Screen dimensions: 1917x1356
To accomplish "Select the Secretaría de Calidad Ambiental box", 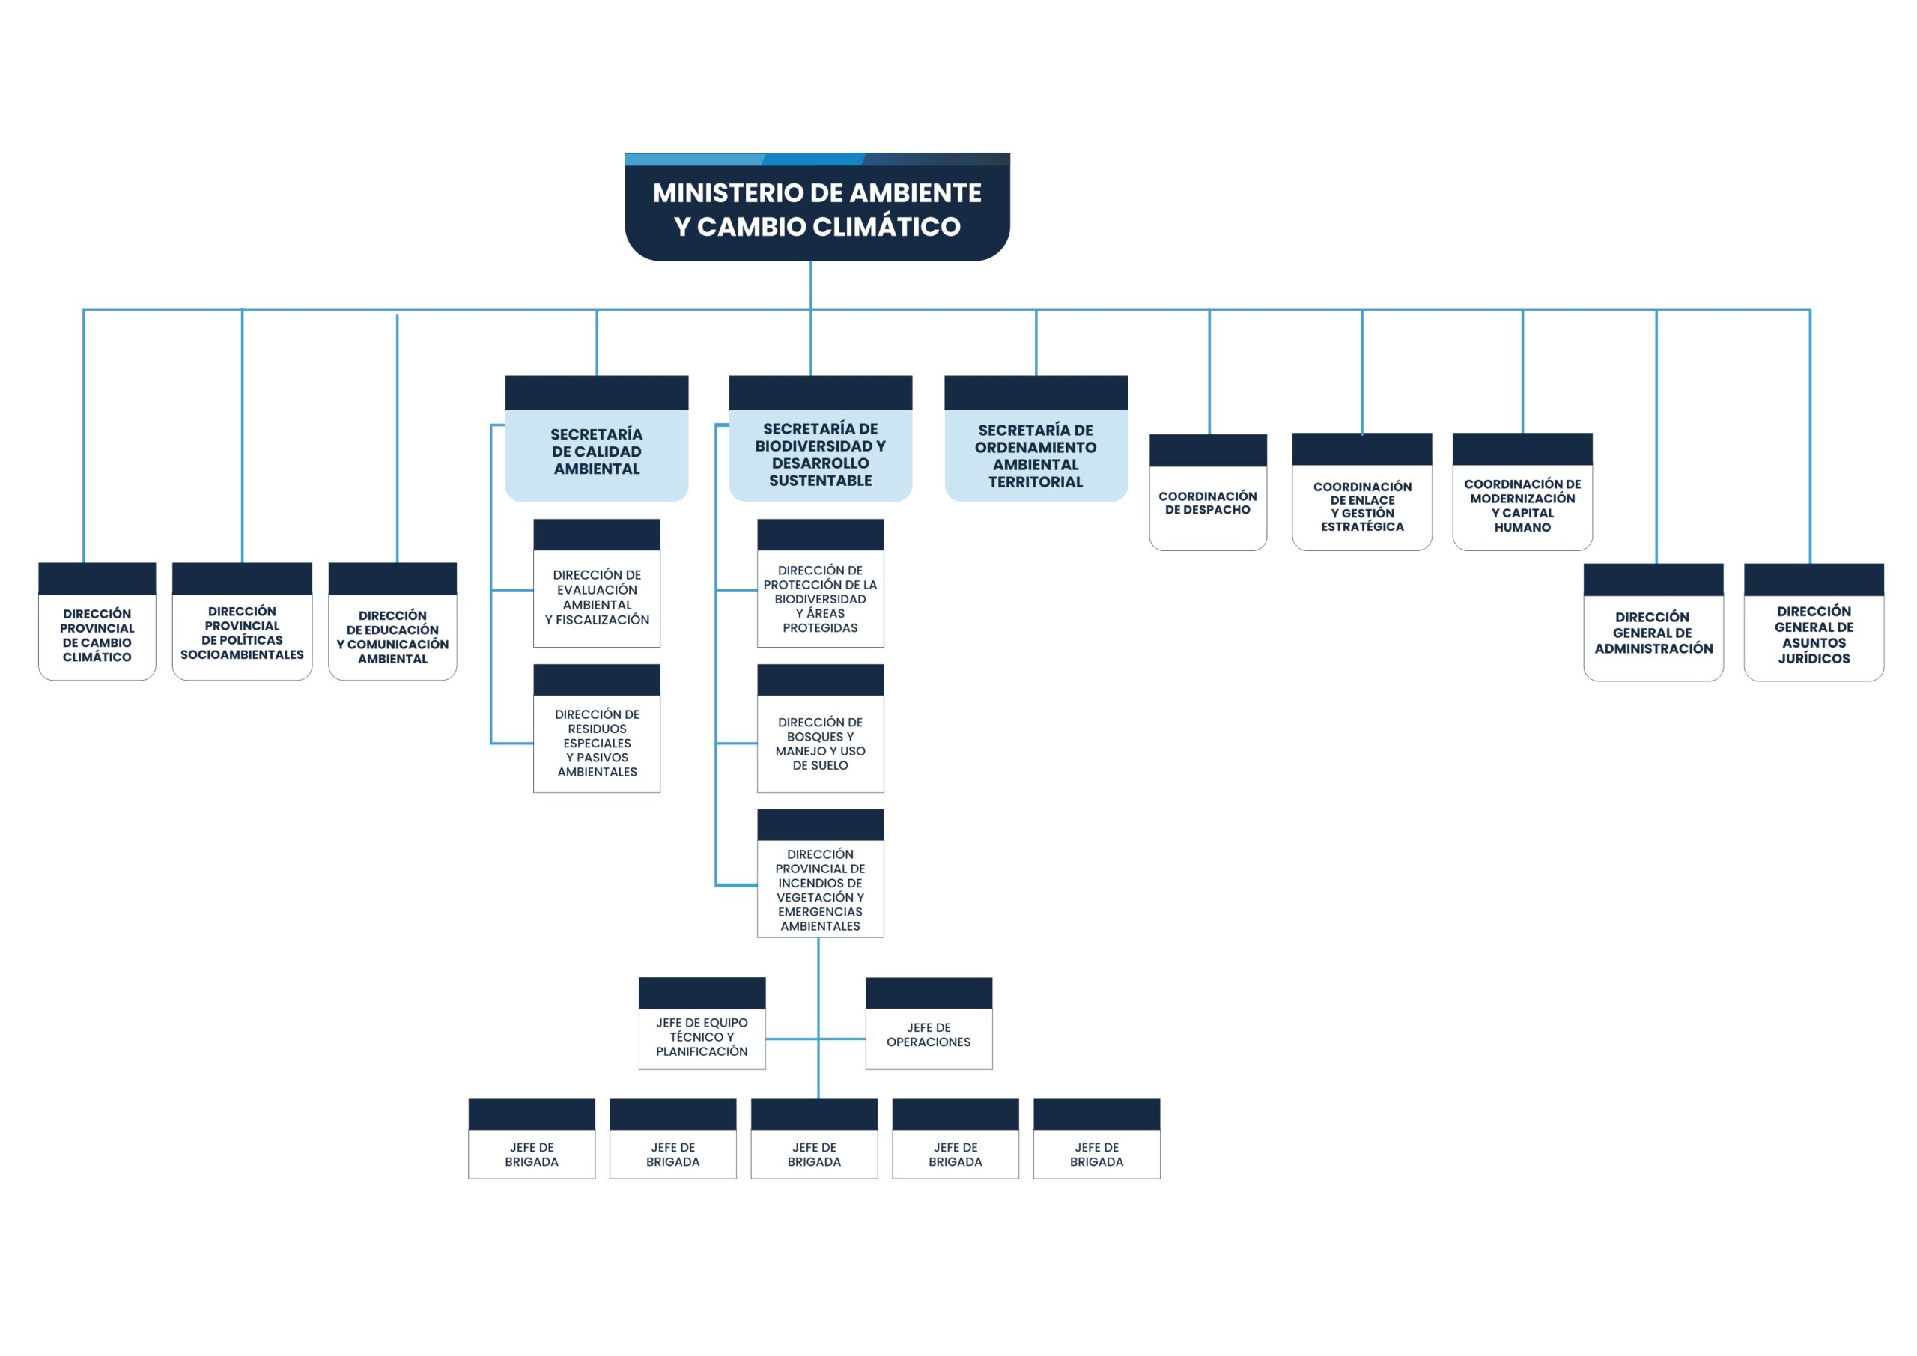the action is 596,438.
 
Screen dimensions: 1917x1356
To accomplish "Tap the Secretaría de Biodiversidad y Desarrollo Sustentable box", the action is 820,438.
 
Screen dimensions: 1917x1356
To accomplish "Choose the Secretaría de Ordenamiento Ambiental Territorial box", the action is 1036,438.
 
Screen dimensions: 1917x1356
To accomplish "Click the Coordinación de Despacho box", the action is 1208,493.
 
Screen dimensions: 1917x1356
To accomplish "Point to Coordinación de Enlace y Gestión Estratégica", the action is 1362,492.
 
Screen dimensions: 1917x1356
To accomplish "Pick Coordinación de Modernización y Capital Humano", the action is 1522,492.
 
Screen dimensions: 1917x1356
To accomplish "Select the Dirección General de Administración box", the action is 1653,623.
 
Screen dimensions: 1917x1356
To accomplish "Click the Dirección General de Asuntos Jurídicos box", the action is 1814,623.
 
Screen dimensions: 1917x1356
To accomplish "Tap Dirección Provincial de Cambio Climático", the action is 97,622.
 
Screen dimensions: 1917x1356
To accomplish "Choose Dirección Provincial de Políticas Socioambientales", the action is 242,622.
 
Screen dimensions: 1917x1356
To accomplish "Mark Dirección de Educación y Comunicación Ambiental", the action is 392,622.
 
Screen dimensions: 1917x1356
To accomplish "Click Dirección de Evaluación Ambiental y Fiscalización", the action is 597,583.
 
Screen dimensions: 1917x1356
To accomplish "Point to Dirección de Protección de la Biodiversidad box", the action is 821,583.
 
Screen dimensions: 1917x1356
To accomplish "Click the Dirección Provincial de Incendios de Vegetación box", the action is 821,873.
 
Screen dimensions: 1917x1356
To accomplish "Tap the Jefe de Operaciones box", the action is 929,1024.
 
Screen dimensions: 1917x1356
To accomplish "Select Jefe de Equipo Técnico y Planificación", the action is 702,1024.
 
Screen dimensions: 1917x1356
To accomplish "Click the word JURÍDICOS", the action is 1814,659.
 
